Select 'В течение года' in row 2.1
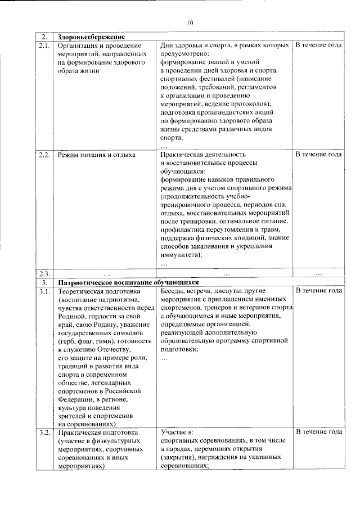(319, 44)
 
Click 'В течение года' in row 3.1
(319, 291)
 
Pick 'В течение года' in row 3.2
(319, 433)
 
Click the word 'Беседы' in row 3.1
(173, 291)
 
